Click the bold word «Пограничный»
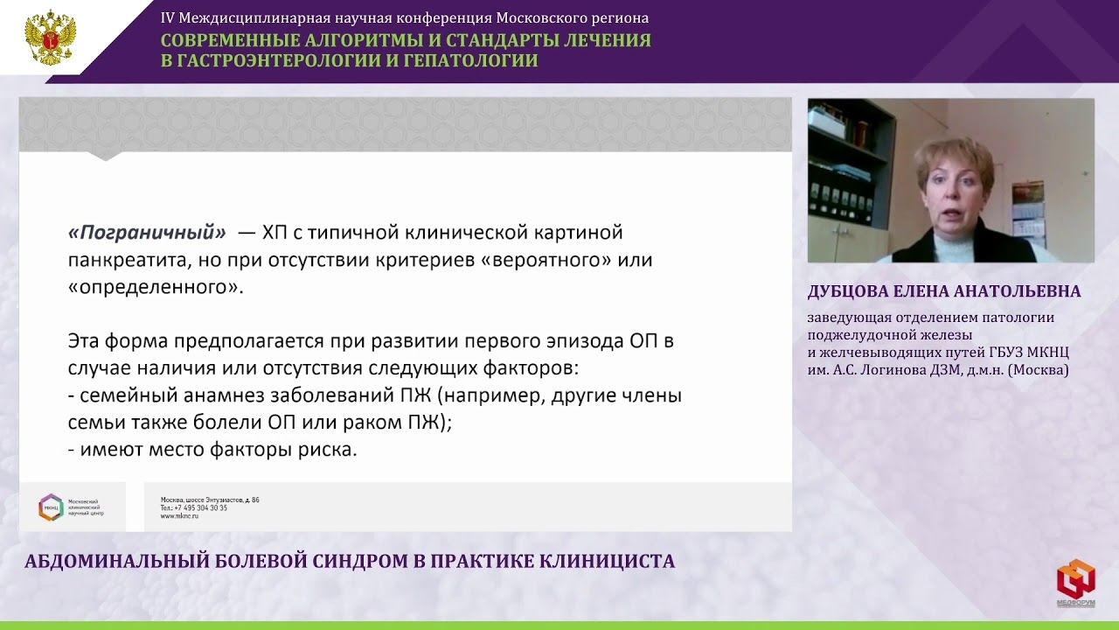(x=147, y=233)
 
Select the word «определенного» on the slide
(x=153, y=288)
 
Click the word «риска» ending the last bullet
(x=328, y=451)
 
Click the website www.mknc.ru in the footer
(x=179, y=516)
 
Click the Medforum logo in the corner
(x=1075, y=580)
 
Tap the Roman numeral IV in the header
(x=168, y=18)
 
